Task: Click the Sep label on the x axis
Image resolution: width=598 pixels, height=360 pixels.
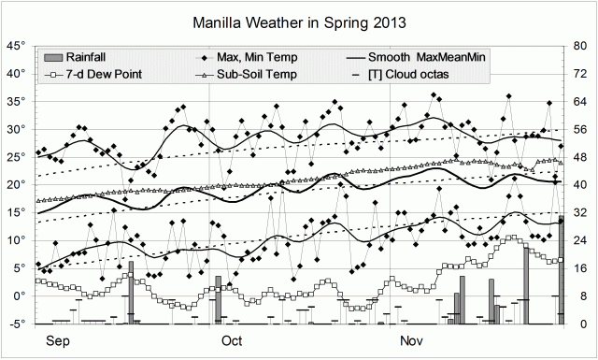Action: (58, 340)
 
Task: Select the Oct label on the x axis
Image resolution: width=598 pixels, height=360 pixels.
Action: (232, 340)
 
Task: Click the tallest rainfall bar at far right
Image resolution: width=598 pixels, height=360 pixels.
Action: (562, 271)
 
